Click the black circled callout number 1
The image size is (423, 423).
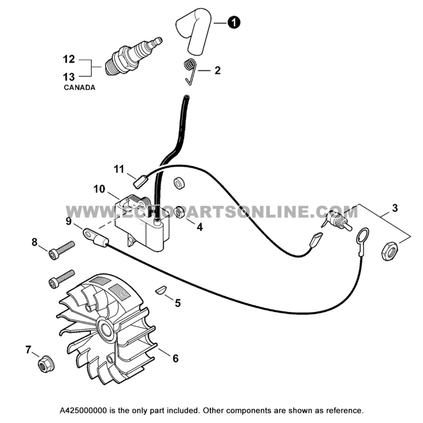234,22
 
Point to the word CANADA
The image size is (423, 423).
79,88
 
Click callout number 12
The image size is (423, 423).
69,59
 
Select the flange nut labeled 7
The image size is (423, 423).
44,364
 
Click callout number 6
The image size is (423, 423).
175,358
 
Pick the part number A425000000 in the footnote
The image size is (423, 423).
83,411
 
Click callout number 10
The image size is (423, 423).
99,189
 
